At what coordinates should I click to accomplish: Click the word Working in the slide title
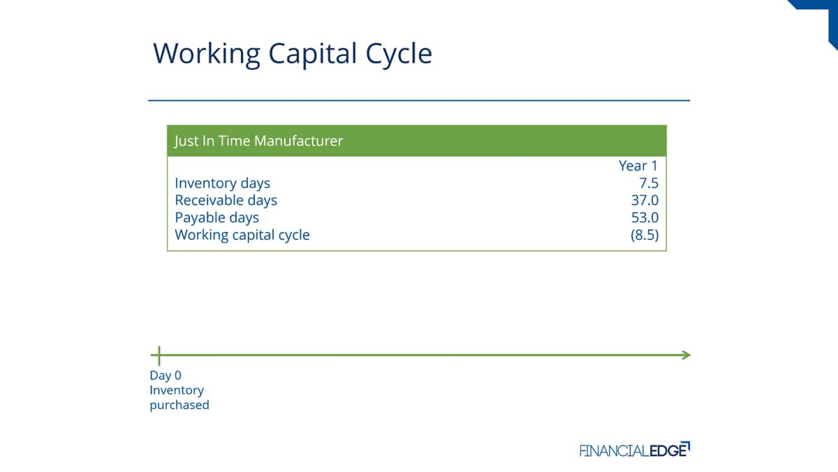click(207, 55)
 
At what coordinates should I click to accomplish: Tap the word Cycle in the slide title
click(399, 55)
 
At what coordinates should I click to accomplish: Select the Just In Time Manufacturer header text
click(258, 141)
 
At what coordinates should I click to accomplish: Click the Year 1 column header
click(638, 166)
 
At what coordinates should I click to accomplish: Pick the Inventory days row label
click(222, 183)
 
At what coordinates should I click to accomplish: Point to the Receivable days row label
click(226, 201)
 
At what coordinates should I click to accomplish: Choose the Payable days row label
click(216, 218)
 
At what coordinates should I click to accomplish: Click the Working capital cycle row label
click(242, 235)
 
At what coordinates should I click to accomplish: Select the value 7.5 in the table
click(648, 183)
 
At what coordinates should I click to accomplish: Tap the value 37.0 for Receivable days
click(645, 201)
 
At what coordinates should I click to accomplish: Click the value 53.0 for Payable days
click(645, 217)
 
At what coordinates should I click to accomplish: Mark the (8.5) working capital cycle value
click(645, 235)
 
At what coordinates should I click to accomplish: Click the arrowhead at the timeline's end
click(687, 355)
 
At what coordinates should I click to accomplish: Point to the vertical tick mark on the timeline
click(159, 356)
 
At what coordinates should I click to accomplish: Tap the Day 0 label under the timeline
click(166, 376)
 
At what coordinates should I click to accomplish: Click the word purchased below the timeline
click(179, 406)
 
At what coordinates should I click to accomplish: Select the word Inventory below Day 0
click(177, 390)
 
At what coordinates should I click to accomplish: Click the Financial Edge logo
click(635, 450)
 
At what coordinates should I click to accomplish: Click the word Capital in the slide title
click(313, 55)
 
